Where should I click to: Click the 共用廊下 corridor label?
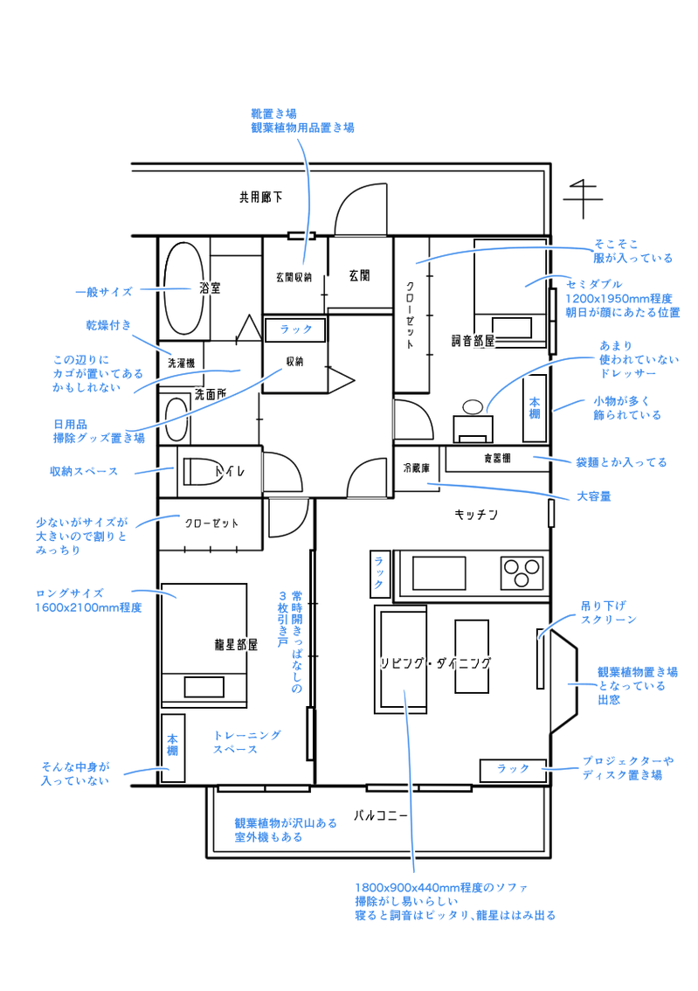(261, 198)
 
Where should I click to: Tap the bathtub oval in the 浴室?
(183, 288)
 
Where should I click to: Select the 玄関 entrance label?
(359, 275)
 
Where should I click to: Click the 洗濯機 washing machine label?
(182, 364)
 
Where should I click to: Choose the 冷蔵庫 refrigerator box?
(417, 468)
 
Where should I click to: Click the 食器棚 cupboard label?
(497, 458)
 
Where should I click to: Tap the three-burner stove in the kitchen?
(522, 572)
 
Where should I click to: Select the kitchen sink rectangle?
(439, 572)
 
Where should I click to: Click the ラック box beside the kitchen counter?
(379, 572)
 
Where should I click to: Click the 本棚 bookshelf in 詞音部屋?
(535, 408)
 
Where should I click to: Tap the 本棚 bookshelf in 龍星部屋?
(172, 748)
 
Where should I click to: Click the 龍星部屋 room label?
(236, 645)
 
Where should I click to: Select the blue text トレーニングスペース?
(246, 742)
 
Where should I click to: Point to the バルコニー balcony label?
(380, 815)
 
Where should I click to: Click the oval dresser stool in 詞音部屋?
(473, 405)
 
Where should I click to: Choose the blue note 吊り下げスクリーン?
(608, 613)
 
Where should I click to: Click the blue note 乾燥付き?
(108, 325)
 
